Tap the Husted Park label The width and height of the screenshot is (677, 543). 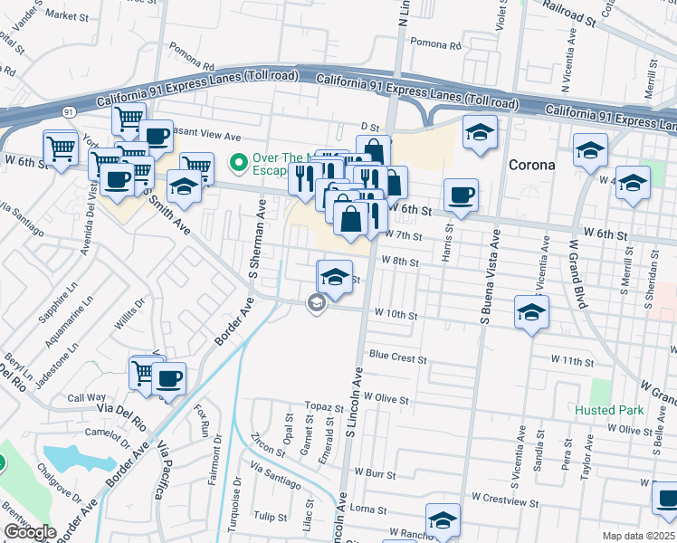point(609,410)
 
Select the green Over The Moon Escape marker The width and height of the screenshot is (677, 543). point(239,163)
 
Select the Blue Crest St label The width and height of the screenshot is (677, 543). point(397,358)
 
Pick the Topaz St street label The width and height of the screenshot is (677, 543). point(319,406)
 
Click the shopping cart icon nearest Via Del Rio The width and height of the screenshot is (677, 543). point(145,372)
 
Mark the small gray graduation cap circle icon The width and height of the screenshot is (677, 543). point(316,303)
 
